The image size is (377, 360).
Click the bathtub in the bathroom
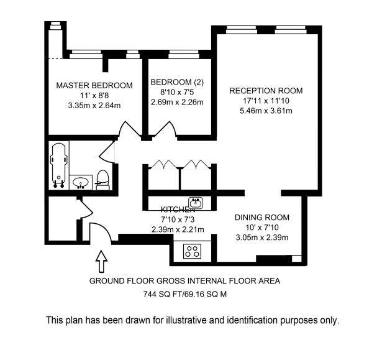pyautogui.click(x=58, y=165)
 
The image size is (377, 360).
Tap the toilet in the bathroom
pyautogui.click(x=103, y=180)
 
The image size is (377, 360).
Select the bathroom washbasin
pyautogui.click(x=81, y=182)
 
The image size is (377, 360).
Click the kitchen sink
pyautogui.click(x=196, y=203)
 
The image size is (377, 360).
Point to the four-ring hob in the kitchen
pyautogui.click(x=192, y=251)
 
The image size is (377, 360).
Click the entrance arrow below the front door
pyautogui.click(x=102, y=261)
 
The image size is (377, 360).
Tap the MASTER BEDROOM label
pyautogui.click(x=94, y=85)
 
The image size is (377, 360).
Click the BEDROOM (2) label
pyautogui.click(x=177, y=82)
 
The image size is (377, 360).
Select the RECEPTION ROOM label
pyautogui.click(x=266, y=91)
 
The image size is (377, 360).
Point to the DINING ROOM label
pyautogui.click(x=262, y=218)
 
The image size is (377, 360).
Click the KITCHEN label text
pyautogui.click(x=178, y=210)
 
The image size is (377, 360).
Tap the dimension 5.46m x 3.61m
pyautogui.click(x=266, y=111)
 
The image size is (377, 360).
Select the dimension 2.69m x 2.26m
pyautogui.click(x=177, y=102)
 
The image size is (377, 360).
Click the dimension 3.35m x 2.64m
pyautogui.click(x=94, y=106)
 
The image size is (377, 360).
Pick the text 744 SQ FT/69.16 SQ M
pyautogui.click(x=185, y=294)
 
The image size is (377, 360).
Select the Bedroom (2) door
pyautogui.click(x=165, y=129)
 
